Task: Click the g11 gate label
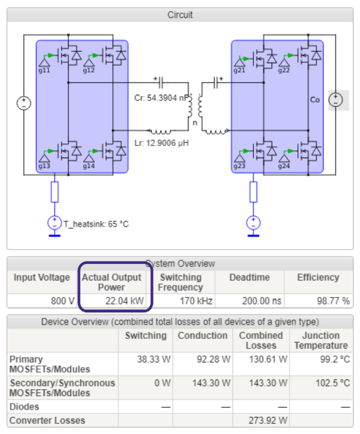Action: pos(44,70)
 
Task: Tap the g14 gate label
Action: pos(88,166)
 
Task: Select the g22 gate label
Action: pos(284,70)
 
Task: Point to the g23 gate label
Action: pos(239,166)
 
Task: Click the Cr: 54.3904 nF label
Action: pos(160,98)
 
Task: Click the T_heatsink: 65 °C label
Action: pos(95,224)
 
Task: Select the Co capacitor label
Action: pos(314,100)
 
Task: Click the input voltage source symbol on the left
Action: pos(23,103)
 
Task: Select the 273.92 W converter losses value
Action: pos(268,421)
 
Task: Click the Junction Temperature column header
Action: pos(320,340)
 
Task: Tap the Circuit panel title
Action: pos(180,15)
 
